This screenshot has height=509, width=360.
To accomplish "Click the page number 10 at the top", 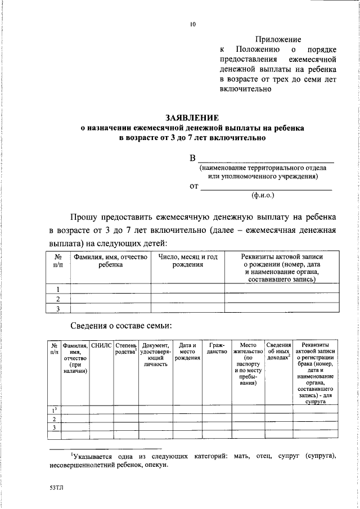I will point(193,24).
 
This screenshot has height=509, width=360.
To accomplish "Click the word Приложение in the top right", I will point(278,40).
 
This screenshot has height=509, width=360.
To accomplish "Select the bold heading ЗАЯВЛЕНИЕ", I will point(191,118).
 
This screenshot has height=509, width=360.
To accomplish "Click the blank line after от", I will point(266,188).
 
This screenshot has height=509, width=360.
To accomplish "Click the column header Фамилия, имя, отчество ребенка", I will point(110,261).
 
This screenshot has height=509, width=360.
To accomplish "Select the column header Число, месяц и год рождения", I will point(187,261).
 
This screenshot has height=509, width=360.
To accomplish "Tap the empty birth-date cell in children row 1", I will point(187,289).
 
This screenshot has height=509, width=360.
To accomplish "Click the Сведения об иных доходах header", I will point(278,352).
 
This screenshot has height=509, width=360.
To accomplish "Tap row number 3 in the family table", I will point(53,428).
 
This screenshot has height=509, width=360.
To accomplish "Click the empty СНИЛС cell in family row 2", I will point(102,419).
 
